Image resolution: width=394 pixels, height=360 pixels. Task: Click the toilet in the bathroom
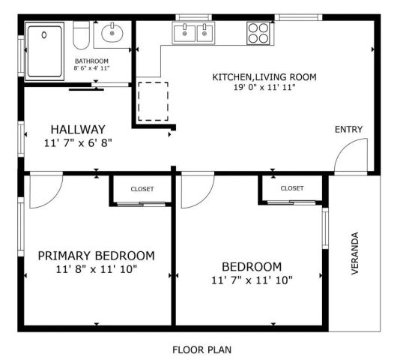(x=83, y=34)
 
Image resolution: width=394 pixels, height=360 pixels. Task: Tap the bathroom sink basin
(x=113, y=33)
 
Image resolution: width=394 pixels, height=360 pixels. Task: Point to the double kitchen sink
(x=193, y=32)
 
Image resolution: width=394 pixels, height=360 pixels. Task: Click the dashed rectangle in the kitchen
(x=154, y=100)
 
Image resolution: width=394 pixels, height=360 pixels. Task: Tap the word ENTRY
(x=348, y=130)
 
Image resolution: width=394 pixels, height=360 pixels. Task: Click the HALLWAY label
(x=78, y=129)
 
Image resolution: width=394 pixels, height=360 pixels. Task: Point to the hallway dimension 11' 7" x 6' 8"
(x=78, y=142)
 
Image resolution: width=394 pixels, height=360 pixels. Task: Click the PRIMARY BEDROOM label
(x=97, y=255)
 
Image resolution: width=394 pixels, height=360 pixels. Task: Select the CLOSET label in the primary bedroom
(x=142, y=189)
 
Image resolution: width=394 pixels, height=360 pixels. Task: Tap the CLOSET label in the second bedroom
(x=291, y=188)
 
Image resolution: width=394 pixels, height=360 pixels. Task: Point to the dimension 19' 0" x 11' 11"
(x=264, y=88)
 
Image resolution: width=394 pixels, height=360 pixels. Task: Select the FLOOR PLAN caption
(x=201, y=349)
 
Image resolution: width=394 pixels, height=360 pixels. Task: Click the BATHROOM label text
(x=91, y=61)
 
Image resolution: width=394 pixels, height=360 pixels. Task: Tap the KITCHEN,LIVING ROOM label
(x=264, y=76)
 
